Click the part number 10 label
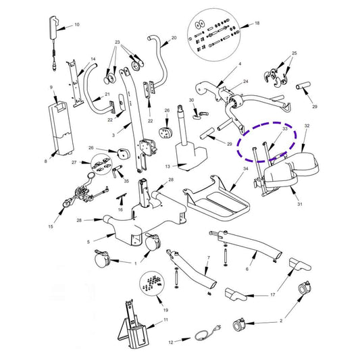point(77,24)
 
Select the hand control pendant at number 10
point(55,43)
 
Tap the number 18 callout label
point(257,23)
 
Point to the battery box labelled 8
point(61,128)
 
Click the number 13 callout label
point(168,166)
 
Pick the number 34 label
point(246,169)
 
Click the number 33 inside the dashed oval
point(285,128)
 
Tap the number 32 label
point(307,126)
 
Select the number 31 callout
point(300,204)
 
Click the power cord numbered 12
point(208,334)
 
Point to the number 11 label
point(165,319)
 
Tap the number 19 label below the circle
point(165,310)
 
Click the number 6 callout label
point(247,269)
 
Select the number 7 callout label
point(209,258)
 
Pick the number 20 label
point(174,38)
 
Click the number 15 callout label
point(51,226)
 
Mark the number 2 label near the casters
point(281,321)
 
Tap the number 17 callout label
point(272,294)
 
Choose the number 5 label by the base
point(88,242)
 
